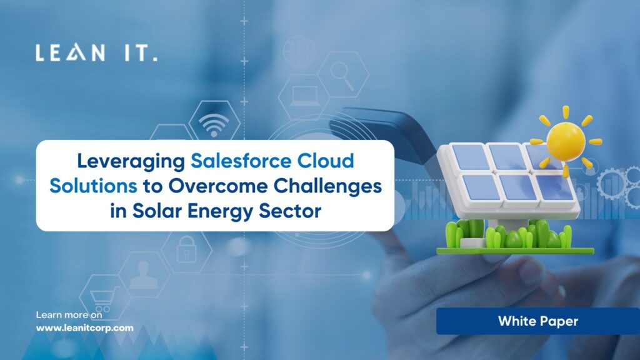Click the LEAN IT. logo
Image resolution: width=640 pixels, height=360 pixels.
tap(96, 52)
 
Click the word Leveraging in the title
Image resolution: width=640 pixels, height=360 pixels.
tap(131, 162)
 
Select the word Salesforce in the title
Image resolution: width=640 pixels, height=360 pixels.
tap(241, 161)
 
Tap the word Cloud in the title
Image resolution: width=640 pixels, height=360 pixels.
tap(325, 161)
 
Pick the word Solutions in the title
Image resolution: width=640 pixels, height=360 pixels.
tap(94, 186)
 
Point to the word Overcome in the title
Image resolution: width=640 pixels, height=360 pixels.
tap(218, 186)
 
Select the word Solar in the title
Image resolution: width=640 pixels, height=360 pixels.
tap(157, 211)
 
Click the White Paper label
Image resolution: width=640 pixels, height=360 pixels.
tap(538, 322)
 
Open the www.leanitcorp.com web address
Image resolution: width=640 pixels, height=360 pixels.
tap(84, 328)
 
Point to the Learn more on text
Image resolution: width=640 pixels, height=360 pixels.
tap(69, 315)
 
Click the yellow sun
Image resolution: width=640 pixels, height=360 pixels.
tap(565, 141)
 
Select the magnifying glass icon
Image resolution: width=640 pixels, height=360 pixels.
tap(342, 76)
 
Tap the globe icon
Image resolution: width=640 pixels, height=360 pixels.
tap(299, 51)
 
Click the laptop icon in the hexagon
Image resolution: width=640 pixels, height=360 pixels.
tap(304, 96)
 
